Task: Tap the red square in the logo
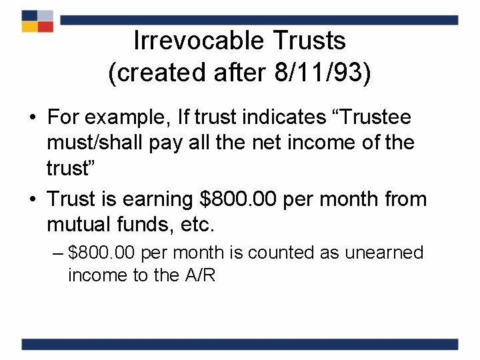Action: point(45,27)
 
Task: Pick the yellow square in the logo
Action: point(29,27)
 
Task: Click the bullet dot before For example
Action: point(32,119)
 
